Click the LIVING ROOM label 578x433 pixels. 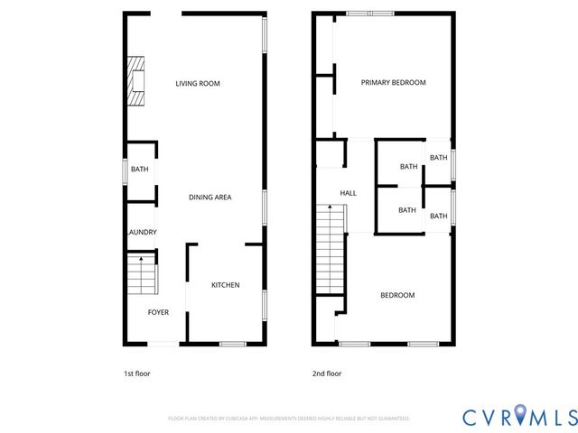click(x=198, y=84)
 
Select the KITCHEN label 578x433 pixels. click(x=225, y=285)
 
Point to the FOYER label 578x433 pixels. click(x=158, y=312)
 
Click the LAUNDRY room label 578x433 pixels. click(x=141, y=232)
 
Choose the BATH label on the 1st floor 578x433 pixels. click(x=139, y=170)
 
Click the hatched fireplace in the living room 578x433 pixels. click(x=135, y=80)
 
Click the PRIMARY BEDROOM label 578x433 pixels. click(x=393, y=82)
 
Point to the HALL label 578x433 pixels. click(x=348, y=193)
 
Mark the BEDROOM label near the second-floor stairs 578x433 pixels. click(x=396, y=295)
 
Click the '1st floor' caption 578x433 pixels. click(x=136, y=373)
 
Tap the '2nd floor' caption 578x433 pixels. click(x=327, y=373)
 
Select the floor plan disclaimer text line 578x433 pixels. click(x=289, y=419)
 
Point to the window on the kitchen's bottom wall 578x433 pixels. click(x=233, y=343)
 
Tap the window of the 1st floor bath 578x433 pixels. click(x=126, y=170)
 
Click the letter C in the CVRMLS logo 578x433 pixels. click(x=471, y=416)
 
